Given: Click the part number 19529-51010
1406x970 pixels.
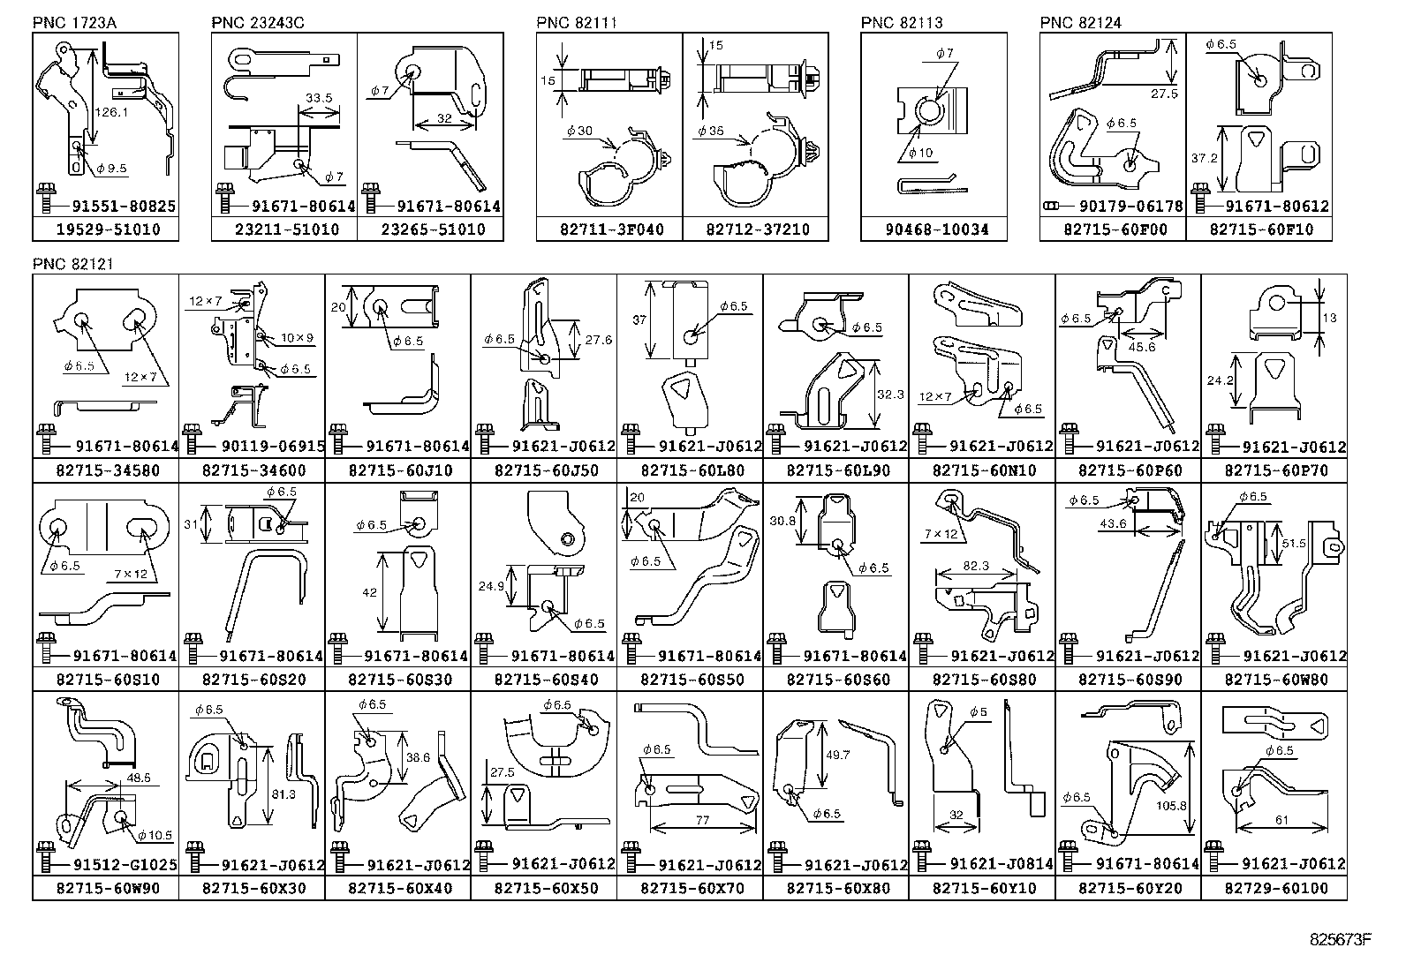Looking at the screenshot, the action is click(105, 229).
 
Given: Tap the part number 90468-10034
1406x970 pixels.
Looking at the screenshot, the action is click(934, 229).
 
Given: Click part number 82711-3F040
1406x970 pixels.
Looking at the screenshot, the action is click(609, 229).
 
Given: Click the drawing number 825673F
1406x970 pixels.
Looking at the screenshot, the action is click(1339, 938).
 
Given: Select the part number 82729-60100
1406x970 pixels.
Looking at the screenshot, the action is click(1274, 888).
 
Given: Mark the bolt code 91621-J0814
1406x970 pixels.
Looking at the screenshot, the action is click(1002, 864).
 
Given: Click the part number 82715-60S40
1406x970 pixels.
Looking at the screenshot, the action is click(543, 680).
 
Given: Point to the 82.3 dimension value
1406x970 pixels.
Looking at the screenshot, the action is click(976, 566).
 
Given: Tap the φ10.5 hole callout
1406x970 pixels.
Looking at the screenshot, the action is click(154, 835).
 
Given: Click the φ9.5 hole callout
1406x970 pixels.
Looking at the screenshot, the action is click(111, 168).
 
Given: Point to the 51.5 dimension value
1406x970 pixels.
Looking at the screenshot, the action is click(1293, 544).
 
